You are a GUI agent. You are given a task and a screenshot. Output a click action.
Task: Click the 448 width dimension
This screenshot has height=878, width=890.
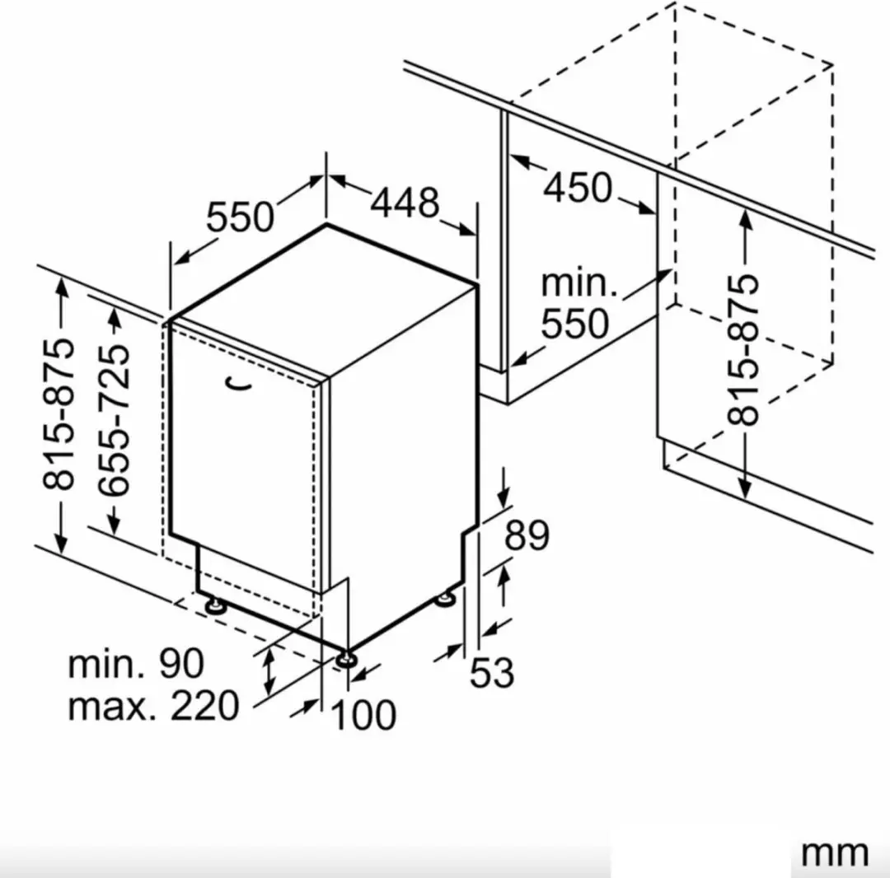(405, 202)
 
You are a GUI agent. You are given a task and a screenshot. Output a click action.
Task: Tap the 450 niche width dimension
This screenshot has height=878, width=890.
(578, 187)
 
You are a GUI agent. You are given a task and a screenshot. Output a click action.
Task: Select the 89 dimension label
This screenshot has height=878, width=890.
(527, 535)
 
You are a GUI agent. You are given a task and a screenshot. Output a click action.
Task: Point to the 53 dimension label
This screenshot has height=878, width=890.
(492, 672)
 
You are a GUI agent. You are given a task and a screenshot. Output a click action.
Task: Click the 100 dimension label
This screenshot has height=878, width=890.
(363, 715)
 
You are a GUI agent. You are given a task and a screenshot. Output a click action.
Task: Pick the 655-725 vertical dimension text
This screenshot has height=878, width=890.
(114, 419)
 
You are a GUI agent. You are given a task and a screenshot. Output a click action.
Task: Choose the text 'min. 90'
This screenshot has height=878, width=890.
(136, 663)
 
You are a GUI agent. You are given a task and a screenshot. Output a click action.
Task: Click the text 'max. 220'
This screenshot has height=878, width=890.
(153, 706)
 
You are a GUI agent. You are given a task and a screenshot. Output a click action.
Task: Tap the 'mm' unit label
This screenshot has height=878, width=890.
(834, 852)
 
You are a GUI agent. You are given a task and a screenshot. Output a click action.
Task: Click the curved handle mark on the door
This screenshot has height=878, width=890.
(237, 385)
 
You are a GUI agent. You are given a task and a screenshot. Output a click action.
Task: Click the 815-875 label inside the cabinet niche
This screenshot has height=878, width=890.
(743, 349)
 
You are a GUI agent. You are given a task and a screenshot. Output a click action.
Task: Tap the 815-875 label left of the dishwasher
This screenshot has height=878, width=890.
(59, 414)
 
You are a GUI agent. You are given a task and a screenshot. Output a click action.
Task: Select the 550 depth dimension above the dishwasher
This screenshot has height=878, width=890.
(240, 217)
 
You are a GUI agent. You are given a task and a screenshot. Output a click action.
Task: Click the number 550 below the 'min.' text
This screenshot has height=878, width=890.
(574, 324)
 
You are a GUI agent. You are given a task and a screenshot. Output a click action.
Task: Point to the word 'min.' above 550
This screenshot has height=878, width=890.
(578, 283)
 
